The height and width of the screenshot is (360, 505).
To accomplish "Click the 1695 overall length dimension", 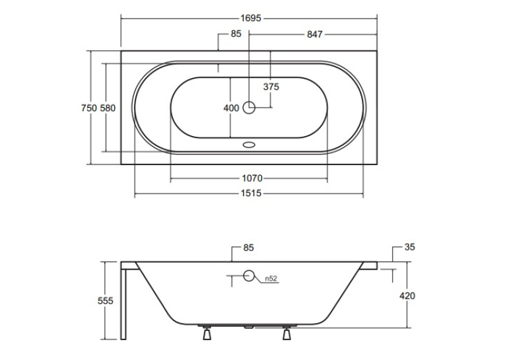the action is (x=251, y=18).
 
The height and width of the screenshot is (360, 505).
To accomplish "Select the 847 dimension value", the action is (x=314, y=34).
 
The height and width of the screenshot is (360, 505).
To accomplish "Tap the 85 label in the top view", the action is (x=236, y=34).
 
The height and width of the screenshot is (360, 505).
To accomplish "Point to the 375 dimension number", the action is (x=271, y=87).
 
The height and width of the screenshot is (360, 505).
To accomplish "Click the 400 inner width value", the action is (x=231, y=108).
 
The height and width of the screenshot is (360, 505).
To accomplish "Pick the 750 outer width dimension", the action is (x=89, y=108).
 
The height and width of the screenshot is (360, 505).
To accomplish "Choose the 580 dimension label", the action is (x=108, y=108).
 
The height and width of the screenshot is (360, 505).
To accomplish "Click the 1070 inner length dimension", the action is (x=252, y=178).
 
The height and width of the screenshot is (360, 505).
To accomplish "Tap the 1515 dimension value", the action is (x=252, y=194).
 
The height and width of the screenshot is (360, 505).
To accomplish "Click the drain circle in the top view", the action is (x=249, y=107).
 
